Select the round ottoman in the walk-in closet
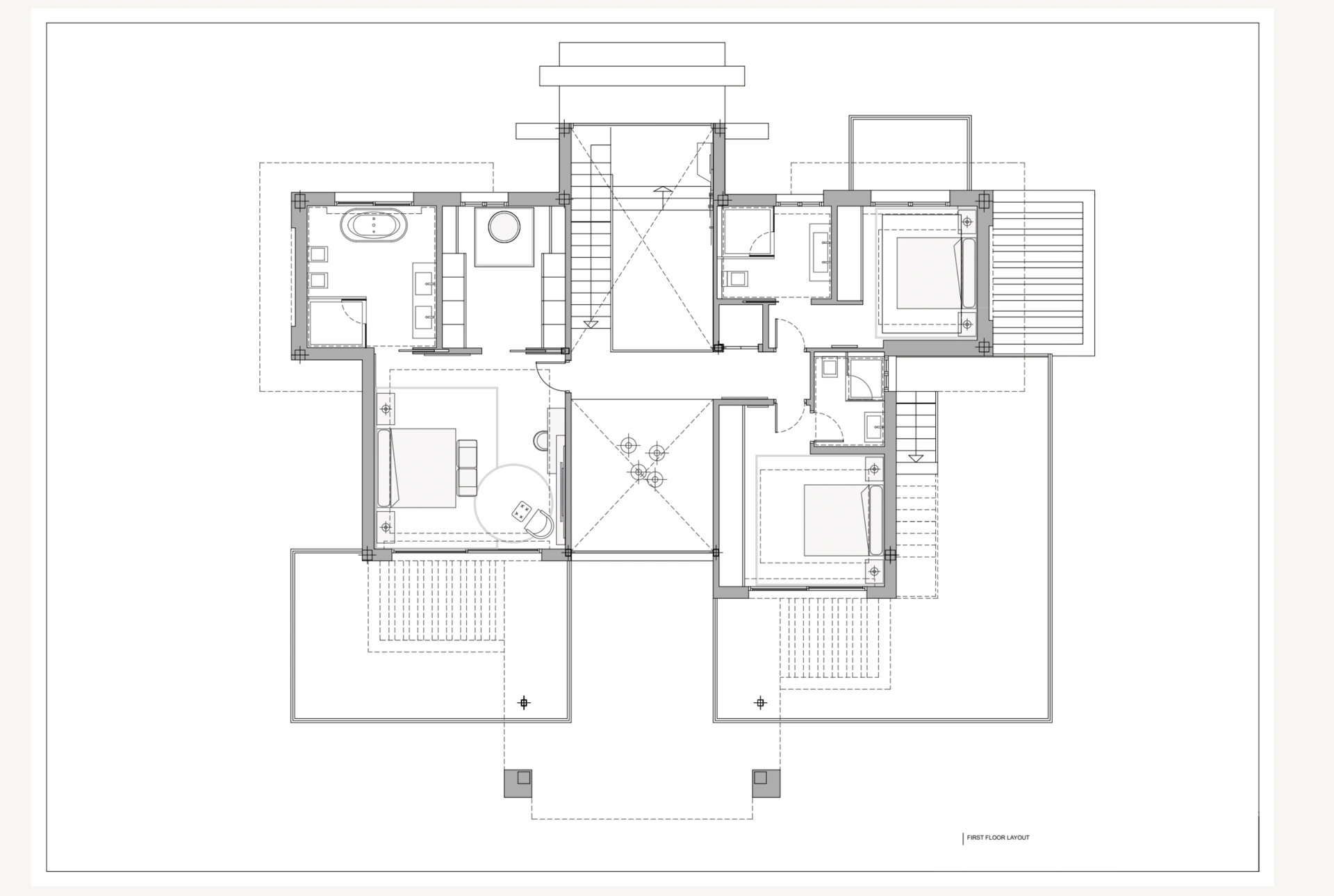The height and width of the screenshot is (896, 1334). click(504, 226)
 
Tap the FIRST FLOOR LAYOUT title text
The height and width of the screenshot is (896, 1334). click(998, 838)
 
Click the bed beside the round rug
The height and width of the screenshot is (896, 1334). click(416, 467)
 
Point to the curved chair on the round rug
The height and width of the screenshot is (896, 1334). click(539, 522)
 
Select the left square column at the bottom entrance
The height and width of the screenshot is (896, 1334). click(518, 783)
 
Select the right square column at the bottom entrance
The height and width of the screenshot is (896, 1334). click(766, 783)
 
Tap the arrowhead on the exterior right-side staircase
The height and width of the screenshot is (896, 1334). click(916, 458)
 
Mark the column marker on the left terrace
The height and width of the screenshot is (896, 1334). click(525, 703)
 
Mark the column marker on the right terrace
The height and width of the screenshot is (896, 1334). click(760, 703)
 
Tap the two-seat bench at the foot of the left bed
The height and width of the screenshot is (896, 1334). click(467, 467)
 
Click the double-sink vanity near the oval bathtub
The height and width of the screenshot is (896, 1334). click(425, 300)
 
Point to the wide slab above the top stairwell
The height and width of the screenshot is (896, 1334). click(642, 76)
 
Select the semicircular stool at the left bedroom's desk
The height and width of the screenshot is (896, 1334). click(541, 440)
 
